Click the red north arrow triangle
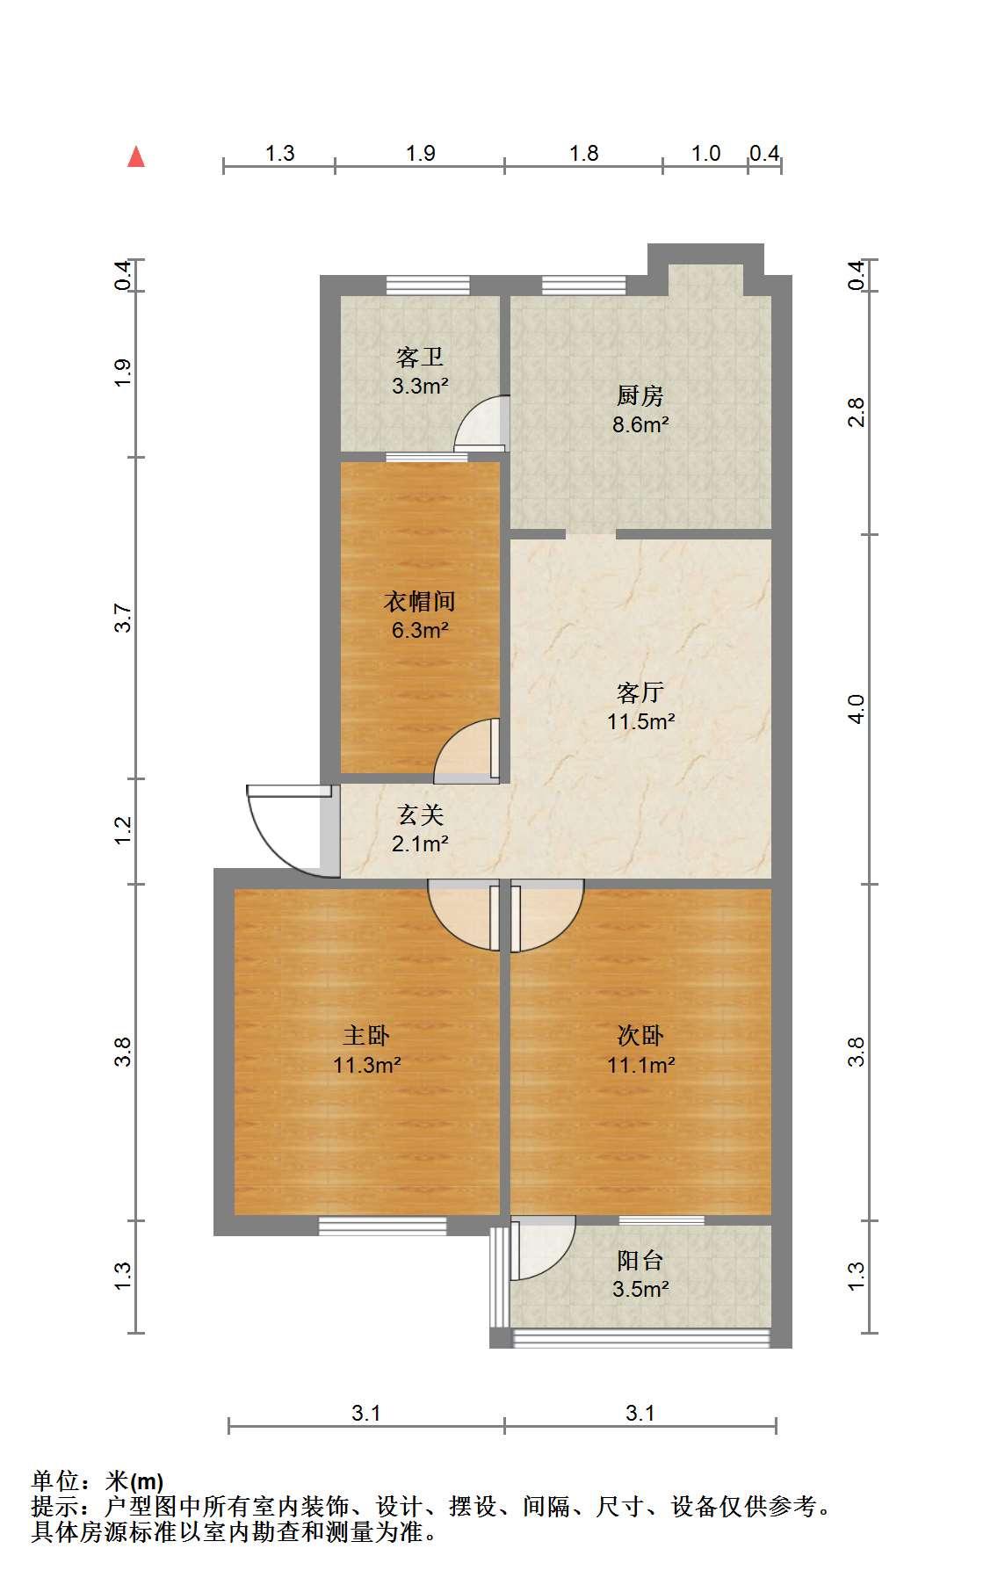pyautogui.click(x=136, y=156)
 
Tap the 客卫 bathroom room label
pyautogui.click(x=420, y=357)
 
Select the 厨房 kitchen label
pyautogui.click(x=640, y=396)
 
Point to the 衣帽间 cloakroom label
pyautogui.click(x=420, y=602)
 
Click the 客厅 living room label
pyautogui.click(x=640, y=693)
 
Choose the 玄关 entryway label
pyautogui.click(x=420, y=815)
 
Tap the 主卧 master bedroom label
pyautogui.click(x=366, y=1036)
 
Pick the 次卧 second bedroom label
pyautogui.click(x=640, y=1036)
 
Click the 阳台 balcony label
pyautogui.click(x=640, y=1261)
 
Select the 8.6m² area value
pyautogui.click(x=640, y=425)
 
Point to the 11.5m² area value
pyautogui.click(x=640, y=722)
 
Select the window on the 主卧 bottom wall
pyautogui.click(x=382, y=1226)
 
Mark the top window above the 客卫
pyautogui.click(x=428, y=286)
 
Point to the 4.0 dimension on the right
pyautogui.click(x=857, y=709)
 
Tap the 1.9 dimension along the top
pyautogui.click(x=421, y=153)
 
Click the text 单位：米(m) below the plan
pyautogui.click(x=98, y=1482)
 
